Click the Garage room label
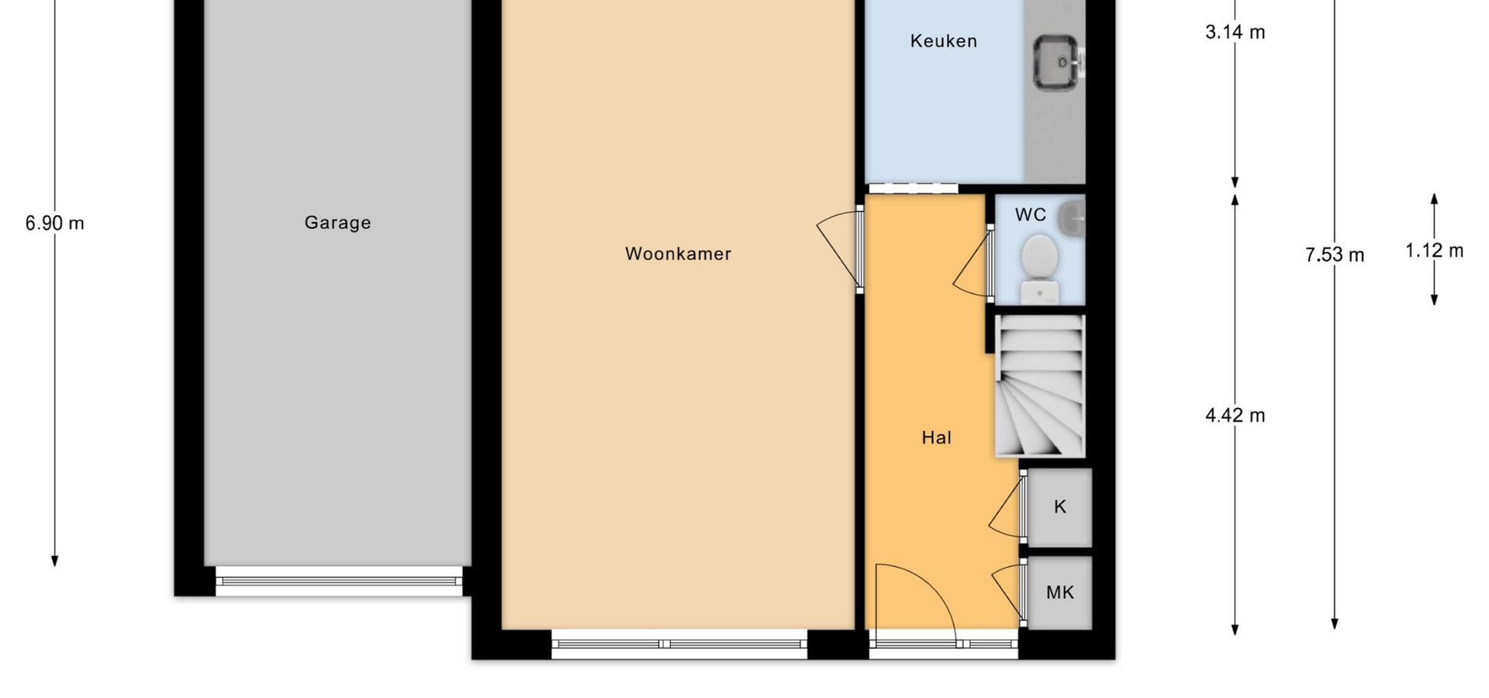click(x=337, y=223)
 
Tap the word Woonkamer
click(x=678, y=254)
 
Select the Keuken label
click(x=943, y=41)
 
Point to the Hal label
click(x=936, y=437)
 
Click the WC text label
click(x=1030, y=215)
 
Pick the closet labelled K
click(x=1059, y=507)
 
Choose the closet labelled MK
click(x=1059, y=593)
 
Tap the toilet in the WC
click(x=1039, y=268)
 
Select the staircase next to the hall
click(x=1039, y=385)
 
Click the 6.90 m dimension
click(x=54, y=223)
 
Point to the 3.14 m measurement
click(x=1235, y=32)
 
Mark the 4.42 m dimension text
click(x=1235, y=416)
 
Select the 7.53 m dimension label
click(x=1334, y=254)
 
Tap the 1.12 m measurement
click(x=1434, y=251)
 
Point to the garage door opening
click(x=338, y=581)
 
